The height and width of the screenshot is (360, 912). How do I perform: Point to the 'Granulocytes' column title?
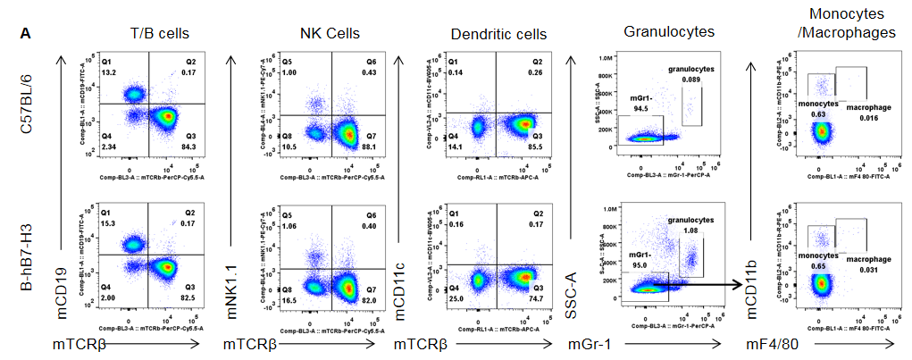click(669, 31)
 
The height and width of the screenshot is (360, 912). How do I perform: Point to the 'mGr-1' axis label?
click(596, 343)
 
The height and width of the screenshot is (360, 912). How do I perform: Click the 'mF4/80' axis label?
click(770, 343)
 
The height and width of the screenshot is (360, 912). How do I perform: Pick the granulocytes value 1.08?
click(690, 230)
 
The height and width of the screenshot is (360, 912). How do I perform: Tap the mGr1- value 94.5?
click(640, 109)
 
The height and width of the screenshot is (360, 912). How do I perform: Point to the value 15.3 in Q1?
click(108, 222)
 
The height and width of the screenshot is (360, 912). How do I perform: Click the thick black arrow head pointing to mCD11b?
click(741, 285)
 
